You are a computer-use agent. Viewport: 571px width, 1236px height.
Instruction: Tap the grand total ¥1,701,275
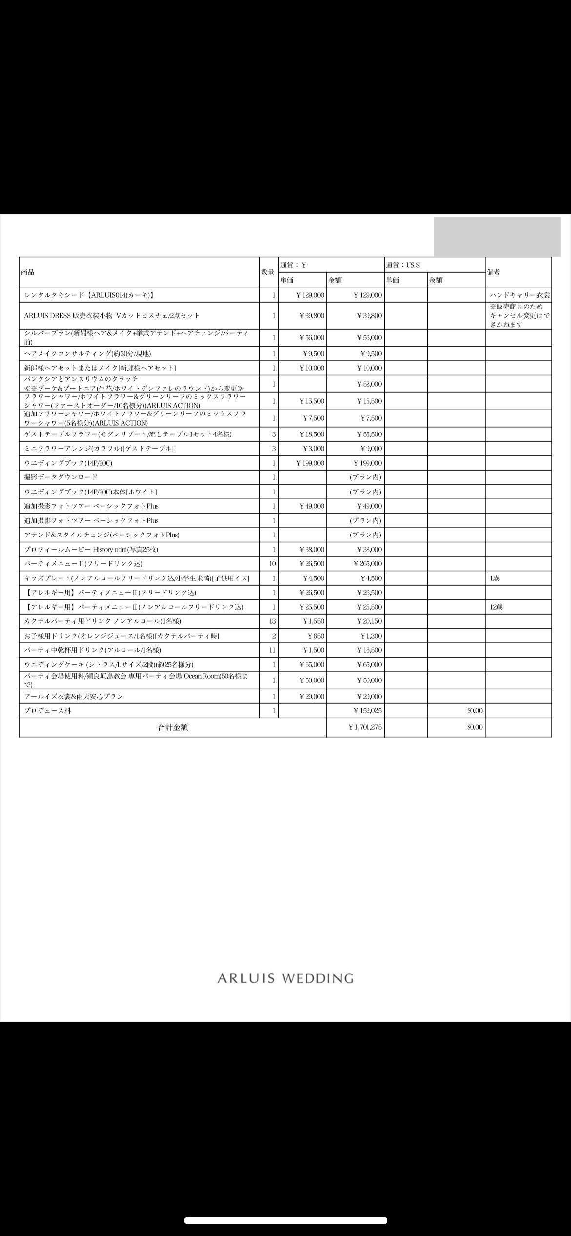pyautogui.click(x=366, y=727)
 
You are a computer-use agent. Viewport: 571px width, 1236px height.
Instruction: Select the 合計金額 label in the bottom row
pyautogui.click(x=173, y=727)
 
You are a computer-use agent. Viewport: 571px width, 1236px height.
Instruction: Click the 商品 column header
pyautogui.click(x=28, y=272)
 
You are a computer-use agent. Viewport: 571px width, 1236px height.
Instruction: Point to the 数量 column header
pyautogui.click(x=268, y=272)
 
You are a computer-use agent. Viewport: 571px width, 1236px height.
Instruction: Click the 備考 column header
pyautogui.click(x=493, y=272)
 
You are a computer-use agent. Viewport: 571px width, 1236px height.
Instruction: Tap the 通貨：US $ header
pyautogui.click(x=403, y=265)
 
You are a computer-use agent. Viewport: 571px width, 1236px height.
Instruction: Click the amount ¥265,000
pyautogui.click(x=368, y=564)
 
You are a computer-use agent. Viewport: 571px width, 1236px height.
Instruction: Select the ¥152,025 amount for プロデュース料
pyautogui.click(x=368, y=711)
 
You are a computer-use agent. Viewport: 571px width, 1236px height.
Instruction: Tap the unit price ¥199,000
pyautogui.click(x=310, y=463)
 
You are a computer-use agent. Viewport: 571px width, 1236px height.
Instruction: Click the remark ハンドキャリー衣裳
pyautogui.click(x=520, y=295)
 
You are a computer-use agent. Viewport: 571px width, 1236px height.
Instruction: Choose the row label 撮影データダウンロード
pyautogui.click(x=61, y=477)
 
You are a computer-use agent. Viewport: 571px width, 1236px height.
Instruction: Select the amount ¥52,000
pyautogui.click(x=369, y=384)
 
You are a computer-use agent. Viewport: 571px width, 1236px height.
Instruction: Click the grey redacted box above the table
pyautogui.click(x=497, y=237)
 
